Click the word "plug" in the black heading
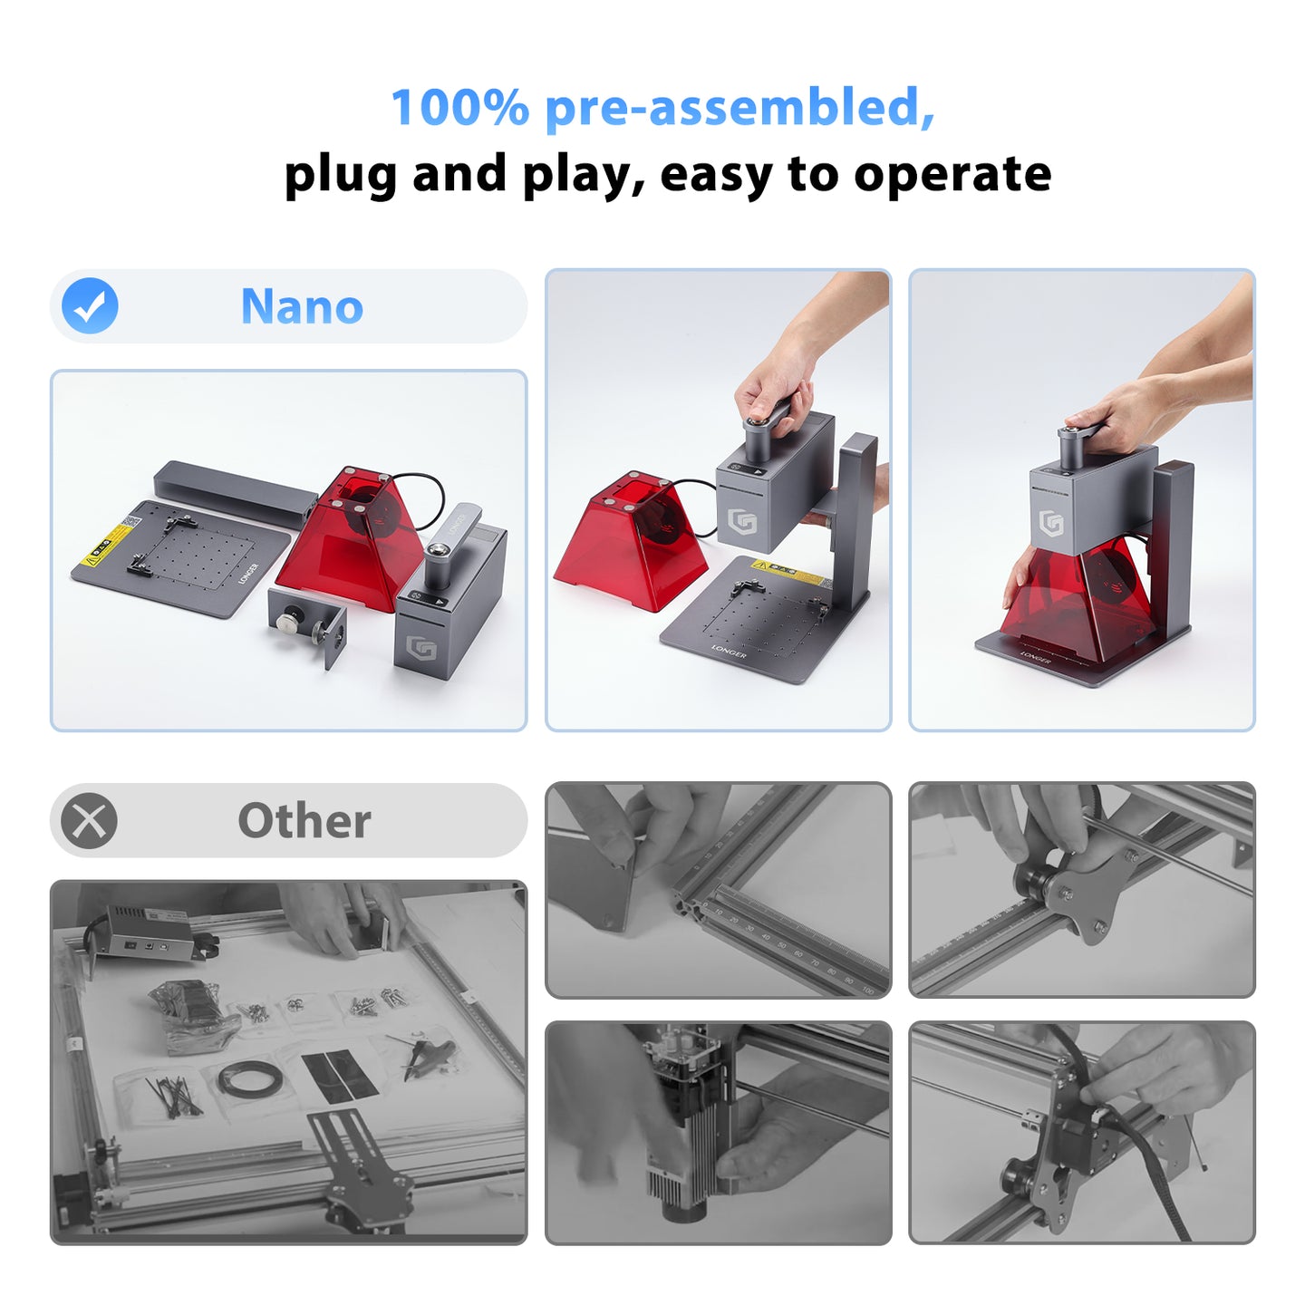340,174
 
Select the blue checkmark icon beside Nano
90,306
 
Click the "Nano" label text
302,306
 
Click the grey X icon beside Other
89,821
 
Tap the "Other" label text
304,821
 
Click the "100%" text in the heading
459,108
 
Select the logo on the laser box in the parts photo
421,649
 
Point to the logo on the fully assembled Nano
1051,523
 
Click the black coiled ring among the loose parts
248,1078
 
